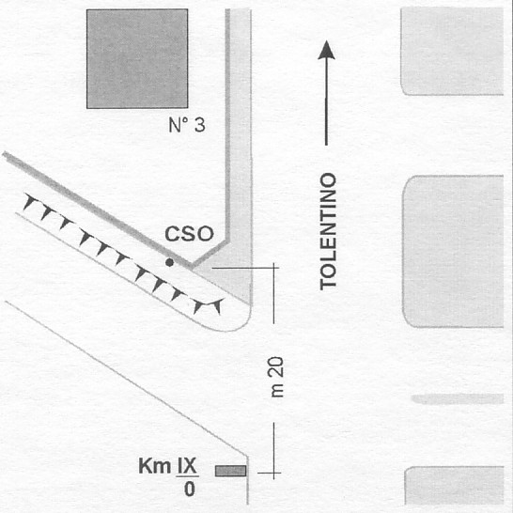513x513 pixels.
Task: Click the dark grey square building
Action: (x=137, y=58)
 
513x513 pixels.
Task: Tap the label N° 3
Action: (x=187, y=125)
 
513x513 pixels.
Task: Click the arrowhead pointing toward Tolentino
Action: (x=326, y=50)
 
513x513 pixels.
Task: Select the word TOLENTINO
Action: (x=328, y=231)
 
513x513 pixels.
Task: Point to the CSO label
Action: (x=189, y=234)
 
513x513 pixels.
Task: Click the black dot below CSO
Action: (x=169, y=262)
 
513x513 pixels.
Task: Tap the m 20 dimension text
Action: (x=277, y=377)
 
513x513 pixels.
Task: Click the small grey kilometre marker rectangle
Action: (x=230, y=471)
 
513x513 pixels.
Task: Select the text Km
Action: (x=154, y=466)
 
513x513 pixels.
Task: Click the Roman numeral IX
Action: (x=187, y=466)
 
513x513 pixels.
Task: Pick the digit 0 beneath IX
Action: (x=190, y=490)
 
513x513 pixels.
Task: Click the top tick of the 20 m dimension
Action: (x=273, y=268)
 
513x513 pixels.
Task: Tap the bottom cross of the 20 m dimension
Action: (x=273, y=473)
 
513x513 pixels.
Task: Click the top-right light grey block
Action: (x=452, y=51)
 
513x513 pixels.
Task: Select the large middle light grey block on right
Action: (x=453, y=251)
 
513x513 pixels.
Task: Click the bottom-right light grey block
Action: (x=454, y=486)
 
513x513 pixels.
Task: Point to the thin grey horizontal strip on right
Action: (x=458, y=399)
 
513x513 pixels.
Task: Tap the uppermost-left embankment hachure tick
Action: (x=29, y=201)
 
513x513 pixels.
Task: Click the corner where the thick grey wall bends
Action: (x=227, y=241)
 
